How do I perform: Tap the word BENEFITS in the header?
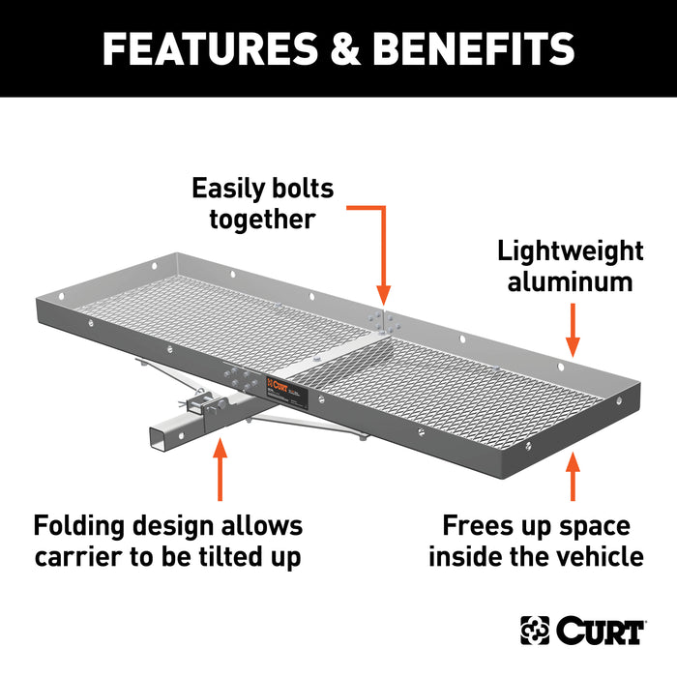tap(465, 49)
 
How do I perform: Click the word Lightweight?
tap(571, 251)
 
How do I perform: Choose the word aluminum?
tap(571, 282)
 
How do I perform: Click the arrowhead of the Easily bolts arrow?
tap(383, 295)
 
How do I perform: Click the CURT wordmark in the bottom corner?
tap(599, 632)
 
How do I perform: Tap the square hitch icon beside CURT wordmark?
tap(535, 632)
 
